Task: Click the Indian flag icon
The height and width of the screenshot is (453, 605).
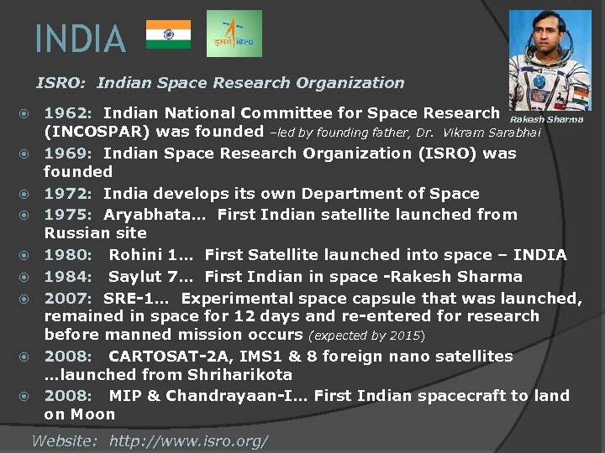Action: [x=168, y=34]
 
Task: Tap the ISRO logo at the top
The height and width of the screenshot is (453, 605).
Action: [x=234, y=34]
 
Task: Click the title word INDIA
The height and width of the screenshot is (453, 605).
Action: [x=81, y=39]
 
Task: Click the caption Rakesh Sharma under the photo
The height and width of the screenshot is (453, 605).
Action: [x=546, y=119]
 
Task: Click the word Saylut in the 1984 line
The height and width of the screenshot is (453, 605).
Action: [x=135, y=277]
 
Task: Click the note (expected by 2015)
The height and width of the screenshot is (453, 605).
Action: [x=367, y=336]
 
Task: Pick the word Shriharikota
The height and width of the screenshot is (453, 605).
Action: [x=240, y=375]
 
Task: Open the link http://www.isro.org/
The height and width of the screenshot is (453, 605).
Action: [x=189, y=440]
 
